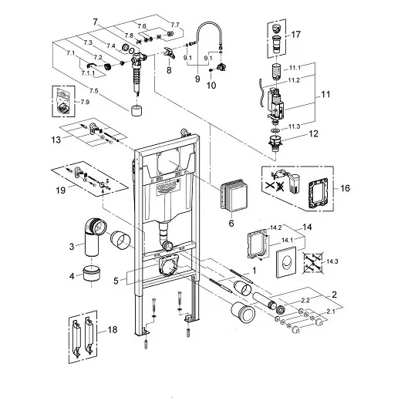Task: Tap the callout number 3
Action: pos(70,246)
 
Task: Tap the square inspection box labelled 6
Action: pos(230,193)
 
